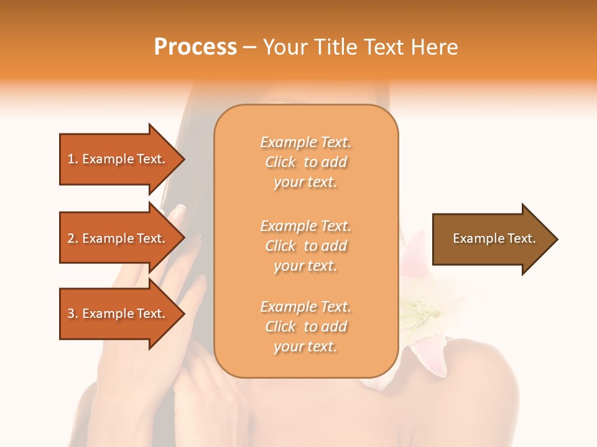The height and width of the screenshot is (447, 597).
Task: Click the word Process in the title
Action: tap(195, 47)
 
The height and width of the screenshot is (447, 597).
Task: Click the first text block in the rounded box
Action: tap(305, 162)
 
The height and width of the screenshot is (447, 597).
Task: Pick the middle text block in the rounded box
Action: tap(305, 245)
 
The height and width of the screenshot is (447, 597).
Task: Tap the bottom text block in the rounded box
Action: tap(305, 326)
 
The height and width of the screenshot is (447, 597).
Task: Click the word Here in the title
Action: tap(433, 47)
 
